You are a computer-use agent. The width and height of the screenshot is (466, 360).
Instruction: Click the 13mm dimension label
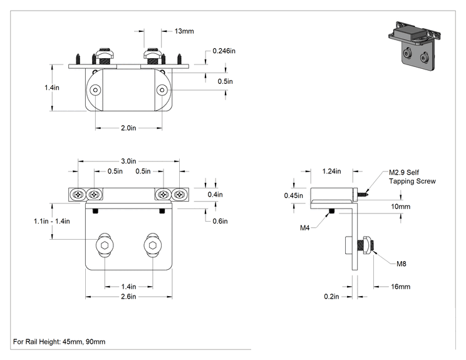tap(184, 31)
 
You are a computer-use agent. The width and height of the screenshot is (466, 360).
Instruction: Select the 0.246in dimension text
tap(224, 51)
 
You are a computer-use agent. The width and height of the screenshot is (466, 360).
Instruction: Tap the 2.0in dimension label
tap(128, 128)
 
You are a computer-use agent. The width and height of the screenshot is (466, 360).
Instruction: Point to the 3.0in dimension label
tap(128, 162)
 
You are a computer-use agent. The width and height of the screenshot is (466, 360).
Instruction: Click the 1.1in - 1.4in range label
tap(52, 221)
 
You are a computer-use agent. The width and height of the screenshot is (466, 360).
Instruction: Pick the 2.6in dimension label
tap(128, 297)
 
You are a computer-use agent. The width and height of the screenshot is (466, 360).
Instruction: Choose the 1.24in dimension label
tap(332, 172)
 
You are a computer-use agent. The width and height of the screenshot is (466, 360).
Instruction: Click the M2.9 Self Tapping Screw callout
tap(412, 177)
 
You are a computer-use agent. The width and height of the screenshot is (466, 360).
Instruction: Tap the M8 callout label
tap(401, 264)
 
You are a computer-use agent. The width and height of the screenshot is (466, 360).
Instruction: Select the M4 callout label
tap(304, 228)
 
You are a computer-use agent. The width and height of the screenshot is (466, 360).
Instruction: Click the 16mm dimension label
tap(400, 287)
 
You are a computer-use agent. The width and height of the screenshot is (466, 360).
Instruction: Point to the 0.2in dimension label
tap(331, 297)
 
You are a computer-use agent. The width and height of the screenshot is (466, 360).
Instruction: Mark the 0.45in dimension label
tap(293, 195)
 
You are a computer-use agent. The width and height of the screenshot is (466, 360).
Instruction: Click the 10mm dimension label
tap(400, 207)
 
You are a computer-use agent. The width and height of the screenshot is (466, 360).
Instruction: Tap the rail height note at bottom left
tap(59, 342)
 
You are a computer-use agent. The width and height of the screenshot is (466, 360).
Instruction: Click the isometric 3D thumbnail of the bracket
tap(415, 46)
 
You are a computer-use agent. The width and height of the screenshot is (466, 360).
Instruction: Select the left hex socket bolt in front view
tap(105, 245)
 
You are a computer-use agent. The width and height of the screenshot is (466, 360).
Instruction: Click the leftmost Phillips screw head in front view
tap(78, 195)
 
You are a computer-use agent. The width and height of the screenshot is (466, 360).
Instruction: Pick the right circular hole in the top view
tap(162, 90)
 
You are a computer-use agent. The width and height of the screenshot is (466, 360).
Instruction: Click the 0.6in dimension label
tap(220, 221)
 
